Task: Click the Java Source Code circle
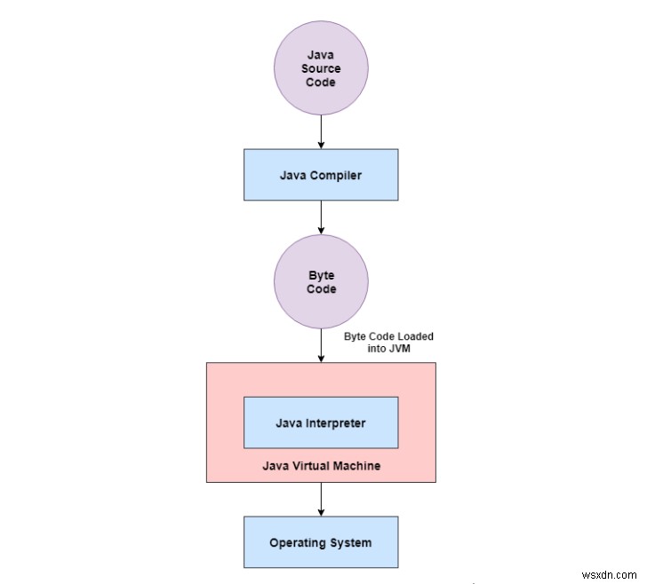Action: pyautogui.click(x=320, y=69)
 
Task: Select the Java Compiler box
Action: pyautogui.click(x=320, y=174)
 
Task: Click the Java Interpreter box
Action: pyautogui.click(x=320, y=422)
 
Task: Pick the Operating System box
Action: pyautogui.click(x=320, y=542)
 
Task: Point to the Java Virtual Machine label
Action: pyautogui.click(x=321, y=465)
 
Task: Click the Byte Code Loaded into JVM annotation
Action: pyautogui.click(x=388, y=343)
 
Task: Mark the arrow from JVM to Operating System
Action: pyautogui.click(x=320, y=499)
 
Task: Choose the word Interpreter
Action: pyautogui.click(x=337, y=422)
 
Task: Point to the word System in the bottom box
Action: pyautogui.click(x=350, y=542)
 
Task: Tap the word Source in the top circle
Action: pyautogui.click(x=320, y=69)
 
